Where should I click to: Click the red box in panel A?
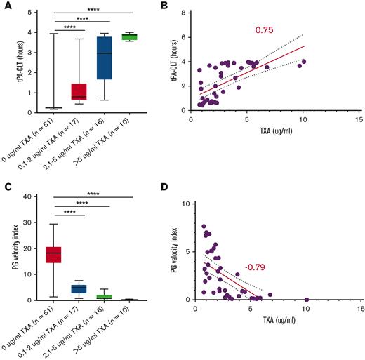coord(75,91)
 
